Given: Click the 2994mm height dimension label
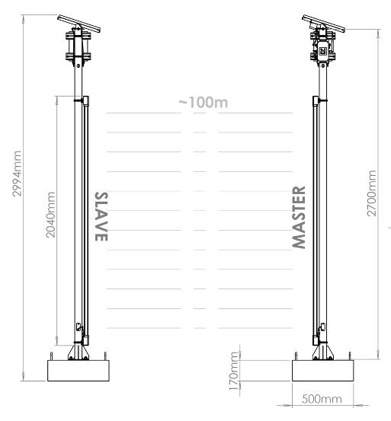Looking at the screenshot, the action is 17,174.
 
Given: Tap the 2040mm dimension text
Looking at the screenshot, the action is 50,215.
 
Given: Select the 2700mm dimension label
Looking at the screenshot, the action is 372,193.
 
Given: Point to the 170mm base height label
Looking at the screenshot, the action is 234,372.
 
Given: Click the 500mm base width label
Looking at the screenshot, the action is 322,399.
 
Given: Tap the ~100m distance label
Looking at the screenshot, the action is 204,102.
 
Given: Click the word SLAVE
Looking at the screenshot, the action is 101,216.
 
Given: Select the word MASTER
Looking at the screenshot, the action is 299,218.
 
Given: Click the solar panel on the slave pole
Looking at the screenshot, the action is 79,23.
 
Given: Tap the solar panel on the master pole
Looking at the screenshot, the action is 324,23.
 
